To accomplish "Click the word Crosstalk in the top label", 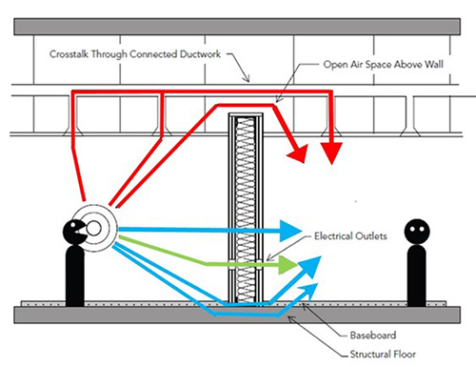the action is click(69, 54).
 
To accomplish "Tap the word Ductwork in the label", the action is click(200, 54).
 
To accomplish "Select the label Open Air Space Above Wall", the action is click(383, 65).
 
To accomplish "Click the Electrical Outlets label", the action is click(350, 236).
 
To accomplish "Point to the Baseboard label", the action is click(373, 336).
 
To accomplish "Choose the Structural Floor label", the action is click(383, 354).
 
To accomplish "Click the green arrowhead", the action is click(288, 265).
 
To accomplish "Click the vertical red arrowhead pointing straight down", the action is click(331, 153).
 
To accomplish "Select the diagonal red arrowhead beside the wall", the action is click(299, 153).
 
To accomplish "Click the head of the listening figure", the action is click(417, 232).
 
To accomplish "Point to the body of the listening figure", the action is click(416, 275).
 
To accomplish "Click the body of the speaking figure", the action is click(75, 275).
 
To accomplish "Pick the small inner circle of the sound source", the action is click(93, 229).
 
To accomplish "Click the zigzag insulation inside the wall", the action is click(246, 210).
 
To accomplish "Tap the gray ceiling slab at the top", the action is click(237, 27).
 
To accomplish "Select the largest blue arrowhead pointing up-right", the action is click(310, 266).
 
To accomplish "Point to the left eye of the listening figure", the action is click(412, 229).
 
